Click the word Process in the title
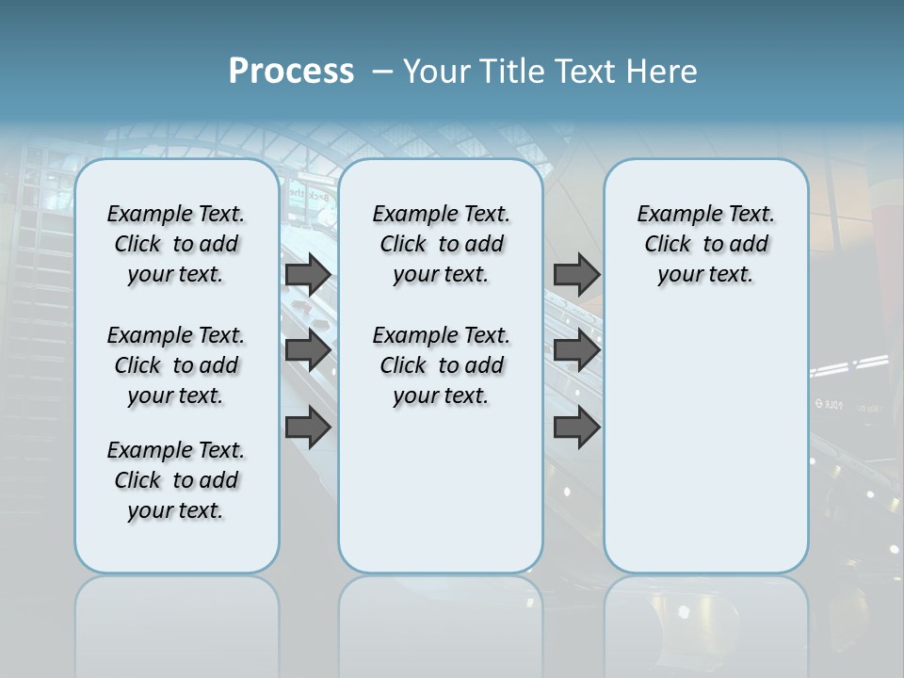[291, 72]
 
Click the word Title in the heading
[511, 72]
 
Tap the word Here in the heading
[659, 72]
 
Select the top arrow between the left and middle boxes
[308, 274]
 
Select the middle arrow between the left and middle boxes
[308, 350]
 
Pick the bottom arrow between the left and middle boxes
[308, 428]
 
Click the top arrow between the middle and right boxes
[576, 274]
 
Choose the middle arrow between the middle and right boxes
[576, 350]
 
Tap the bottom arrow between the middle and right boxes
[576, 428]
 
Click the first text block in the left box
[176, 244]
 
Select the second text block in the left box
[176, 365]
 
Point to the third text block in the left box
[176, 480]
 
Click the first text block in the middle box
[441, 244]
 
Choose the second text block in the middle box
[441, 365]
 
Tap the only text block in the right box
[705, 244]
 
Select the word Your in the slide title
[438, 72]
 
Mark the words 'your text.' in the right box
[705, 275]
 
